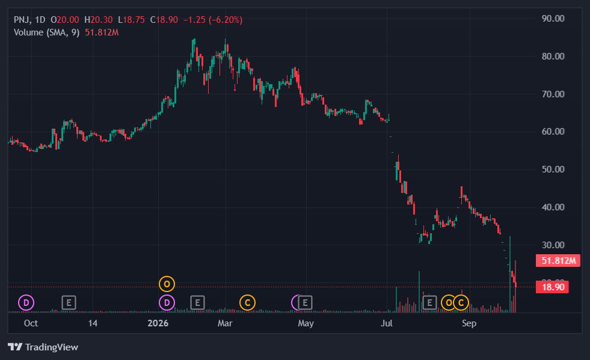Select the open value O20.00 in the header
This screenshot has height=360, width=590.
65,20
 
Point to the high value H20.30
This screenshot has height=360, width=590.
99,20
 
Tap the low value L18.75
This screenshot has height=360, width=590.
131,20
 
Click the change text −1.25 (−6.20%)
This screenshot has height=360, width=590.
213,20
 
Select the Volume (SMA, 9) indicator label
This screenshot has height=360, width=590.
47,32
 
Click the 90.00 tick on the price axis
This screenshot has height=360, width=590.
553,19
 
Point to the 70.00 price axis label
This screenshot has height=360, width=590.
553,94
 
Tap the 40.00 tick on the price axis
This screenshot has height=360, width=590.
553,207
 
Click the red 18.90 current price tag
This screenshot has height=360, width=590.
552,287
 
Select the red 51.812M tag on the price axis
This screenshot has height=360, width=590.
558,261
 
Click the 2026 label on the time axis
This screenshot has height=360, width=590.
158,323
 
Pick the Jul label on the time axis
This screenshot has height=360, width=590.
387,323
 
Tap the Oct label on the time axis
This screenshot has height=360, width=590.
31,323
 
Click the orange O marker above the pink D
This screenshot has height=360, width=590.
167,284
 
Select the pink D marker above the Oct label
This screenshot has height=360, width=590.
26,302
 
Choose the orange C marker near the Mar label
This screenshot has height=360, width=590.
248,302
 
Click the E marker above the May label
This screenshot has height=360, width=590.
305,302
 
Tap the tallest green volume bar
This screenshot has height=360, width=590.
510,274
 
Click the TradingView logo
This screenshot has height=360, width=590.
43,347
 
